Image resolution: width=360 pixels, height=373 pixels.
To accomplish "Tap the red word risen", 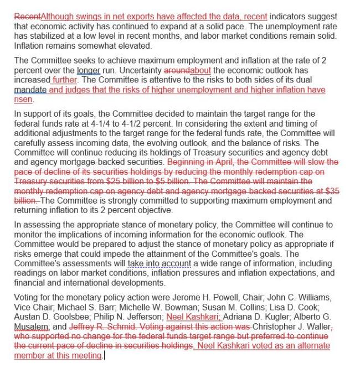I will click(24, 99).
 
